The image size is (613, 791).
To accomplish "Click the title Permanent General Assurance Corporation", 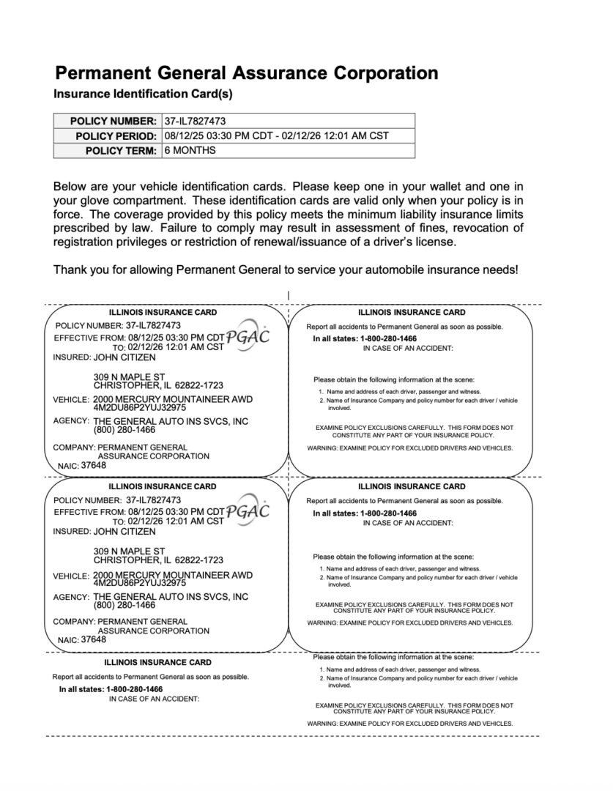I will [x=246, y=73].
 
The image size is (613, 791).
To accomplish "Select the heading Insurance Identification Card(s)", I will [x=143, y=94].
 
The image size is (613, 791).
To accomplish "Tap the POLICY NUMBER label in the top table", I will [x=114, y=121].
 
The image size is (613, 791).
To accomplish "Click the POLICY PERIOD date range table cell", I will [x=276, y=135].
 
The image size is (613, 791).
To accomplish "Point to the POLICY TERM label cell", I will [x=121, y=151].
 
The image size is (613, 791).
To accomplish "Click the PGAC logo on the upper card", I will [x=248, y=336].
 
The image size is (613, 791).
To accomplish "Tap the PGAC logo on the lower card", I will [x=248, y=510].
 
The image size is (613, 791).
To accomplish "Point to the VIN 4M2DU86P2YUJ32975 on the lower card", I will [x=139, y=583].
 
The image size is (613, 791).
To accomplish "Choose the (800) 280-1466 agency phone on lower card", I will [x=125, y=606].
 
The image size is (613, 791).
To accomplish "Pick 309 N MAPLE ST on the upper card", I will [x=129, y=376].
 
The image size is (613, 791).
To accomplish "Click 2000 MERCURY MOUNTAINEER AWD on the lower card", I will [x=173, y=574].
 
